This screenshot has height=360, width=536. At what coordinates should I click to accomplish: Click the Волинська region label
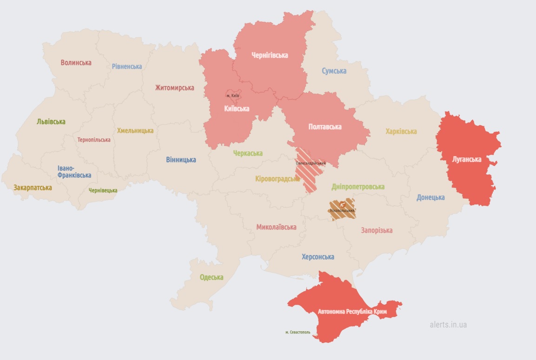[76, 63]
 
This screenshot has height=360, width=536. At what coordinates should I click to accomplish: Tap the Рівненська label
[127, 66]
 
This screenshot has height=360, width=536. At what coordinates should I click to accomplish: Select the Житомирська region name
[175, 88]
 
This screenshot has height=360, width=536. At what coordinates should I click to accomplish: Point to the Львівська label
[51, 122]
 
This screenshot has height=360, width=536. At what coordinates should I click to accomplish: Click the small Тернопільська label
[94, 140]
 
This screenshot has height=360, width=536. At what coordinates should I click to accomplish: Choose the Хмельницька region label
[135, 131]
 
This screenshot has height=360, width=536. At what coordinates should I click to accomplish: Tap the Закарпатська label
[33, 188]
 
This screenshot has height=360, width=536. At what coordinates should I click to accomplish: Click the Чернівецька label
[103, 190]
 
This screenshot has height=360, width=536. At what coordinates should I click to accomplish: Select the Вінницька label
[181, 160]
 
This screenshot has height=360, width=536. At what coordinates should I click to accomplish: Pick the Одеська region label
[212, 277]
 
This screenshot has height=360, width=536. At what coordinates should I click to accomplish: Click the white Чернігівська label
[270, 55]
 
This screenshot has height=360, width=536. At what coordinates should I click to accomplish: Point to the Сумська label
[334, 71]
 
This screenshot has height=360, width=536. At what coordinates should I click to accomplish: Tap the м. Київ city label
[233, 96]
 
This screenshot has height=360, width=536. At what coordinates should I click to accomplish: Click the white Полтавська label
[325, 127]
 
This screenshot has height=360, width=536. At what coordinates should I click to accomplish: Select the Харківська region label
[401, 131]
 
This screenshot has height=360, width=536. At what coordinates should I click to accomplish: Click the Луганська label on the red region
[467, 159]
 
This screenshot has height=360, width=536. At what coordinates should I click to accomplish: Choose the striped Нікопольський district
[343, 209]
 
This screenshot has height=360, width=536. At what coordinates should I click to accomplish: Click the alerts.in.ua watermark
[448, 325]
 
